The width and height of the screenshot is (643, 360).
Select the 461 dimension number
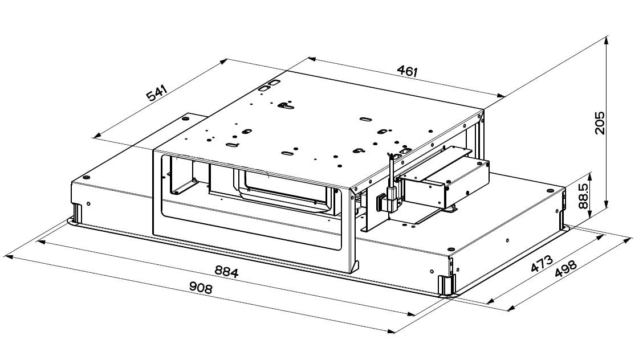pos(408,72)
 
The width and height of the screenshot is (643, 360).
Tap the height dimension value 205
pos(599,122)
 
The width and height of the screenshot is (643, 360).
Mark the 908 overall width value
pos(200,288)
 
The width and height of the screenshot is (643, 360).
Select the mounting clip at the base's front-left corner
pos(76,214)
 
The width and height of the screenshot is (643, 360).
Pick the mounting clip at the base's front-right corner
pos(445,285)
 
